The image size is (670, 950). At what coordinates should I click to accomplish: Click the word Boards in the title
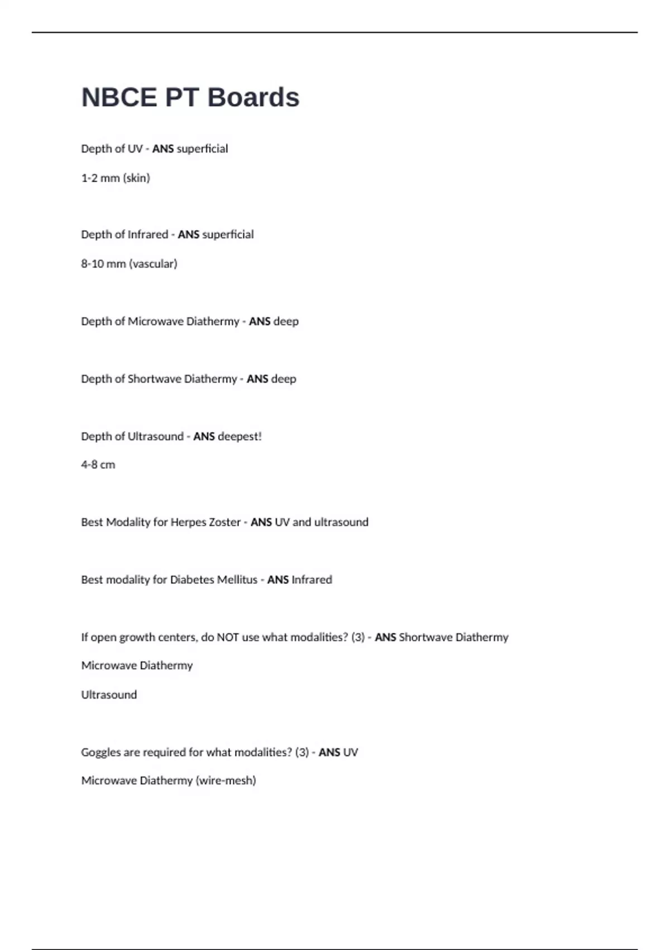tap(253, 97)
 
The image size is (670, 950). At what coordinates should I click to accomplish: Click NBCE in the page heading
tap(119, 97)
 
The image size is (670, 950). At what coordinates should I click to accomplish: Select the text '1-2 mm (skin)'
tap(116, 178)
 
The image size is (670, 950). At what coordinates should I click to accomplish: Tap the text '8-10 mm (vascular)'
tap(129, 264)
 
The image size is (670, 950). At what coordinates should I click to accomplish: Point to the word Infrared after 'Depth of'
tap(146, 235)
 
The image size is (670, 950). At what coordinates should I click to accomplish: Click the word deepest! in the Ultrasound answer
tap(240, 436)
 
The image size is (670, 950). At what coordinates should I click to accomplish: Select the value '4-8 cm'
tap(98, 465)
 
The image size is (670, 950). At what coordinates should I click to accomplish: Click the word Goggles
tap(100, 753)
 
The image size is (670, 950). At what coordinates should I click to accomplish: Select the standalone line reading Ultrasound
tap(109, 695)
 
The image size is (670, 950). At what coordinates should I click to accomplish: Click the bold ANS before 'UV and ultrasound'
tap(261, 522)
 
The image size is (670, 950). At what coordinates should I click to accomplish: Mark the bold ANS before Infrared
tap(277, 580)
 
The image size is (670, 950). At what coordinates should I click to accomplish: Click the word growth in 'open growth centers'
tap(137, 638)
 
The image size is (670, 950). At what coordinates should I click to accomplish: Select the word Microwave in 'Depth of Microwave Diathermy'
tap(155, 321)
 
